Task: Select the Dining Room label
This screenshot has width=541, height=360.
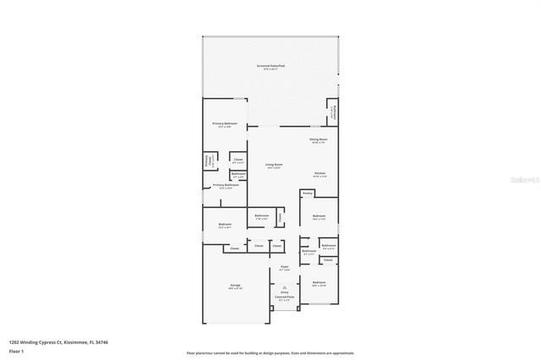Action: pyautogui.click(x=318, y=139)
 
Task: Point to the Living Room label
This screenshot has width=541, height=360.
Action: pyautogui.click(x=274, y=166)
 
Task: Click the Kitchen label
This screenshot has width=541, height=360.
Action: pyautogui.click(x=320, y=174)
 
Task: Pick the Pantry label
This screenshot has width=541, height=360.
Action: pyautogui.click(x=308, y=194)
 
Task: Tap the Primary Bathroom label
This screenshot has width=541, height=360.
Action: pyautogui.click(x=224, y=185)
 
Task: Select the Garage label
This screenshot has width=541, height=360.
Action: pyautogui.click(x=235, y=286)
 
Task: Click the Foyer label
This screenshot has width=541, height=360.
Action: pyautogui.click(x=285, y=268)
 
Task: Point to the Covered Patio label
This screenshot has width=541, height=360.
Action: pyautogui.click(x=285, y=297)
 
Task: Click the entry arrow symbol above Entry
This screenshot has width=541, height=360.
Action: pyautogui.click(x=285, y=286)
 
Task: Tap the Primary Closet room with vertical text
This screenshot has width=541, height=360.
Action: pyautogui.click(x=208, y=160)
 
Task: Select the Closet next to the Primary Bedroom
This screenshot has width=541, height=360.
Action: pyautogui.click(x=238, y=159)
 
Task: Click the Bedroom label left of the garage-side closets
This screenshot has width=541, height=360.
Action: pyautogui.click(x=225, y=225)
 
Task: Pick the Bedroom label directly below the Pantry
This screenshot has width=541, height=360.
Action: pyautogui.click(x=319, y=217)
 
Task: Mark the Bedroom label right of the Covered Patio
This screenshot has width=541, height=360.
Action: pyautogui.click(x=319, y=283)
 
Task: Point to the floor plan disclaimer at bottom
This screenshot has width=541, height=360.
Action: pyautogui.click(x=270, y=352)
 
